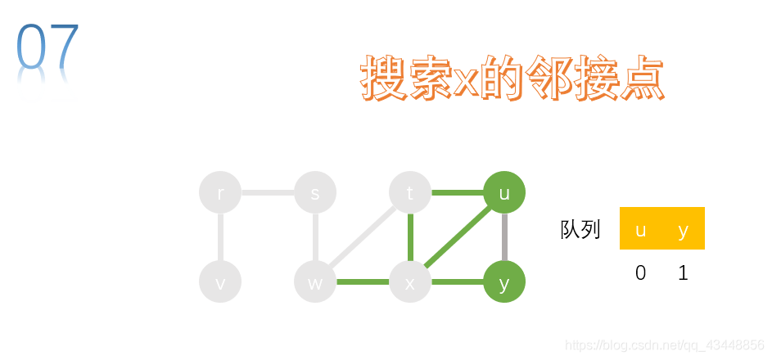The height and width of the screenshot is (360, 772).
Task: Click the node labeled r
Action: [220, 193]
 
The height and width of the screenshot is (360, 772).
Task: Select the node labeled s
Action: [315, 193]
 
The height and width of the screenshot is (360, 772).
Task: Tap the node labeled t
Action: [410, 193]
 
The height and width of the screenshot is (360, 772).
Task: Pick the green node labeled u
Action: [504, 193]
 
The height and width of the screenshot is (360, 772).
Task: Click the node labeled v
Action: [220, 282]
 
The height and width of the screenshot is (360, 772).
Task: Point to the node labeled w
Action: [315, 282]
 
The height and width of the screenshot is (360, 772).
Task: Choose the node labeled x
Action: [410, 282]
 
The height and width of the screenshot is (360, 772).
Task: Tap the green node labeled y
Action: [504, 282]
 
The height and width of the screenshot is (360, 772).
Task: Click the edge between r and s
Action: [268, 193]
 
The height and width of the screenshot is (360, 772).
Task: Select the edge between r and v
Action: [220, 237]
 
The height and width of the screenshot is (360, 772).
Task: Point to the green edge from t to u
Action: [457, 193]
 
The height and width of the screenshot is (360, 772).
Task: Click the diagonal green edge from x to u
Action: [457, 238]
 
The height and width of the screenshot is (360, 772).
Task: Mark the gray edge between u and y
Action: [504, 237]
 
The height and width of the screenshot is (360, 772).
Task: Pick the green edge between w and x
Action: [363, 282]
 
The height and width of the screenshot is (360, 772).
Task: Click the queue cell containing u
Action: [641, 229]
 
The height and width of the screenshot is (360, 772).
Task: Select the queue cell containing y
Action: [684, 229]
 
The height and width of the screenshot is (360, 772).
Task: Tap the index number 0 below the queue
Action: [641, 273]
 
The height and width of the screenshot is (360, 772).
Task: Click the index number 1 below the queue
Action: [684, 273]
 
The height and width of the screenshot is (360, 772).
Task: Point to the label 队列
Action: [580, 230]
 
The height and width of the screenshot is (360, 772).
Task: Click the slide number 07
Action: [47, 47]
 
